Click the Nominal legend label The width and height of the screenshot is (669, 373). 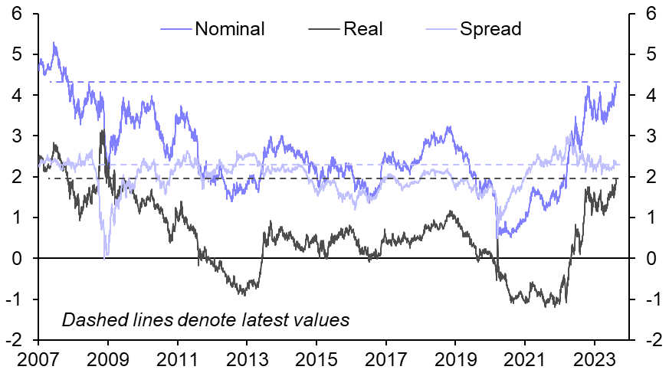[230, 30]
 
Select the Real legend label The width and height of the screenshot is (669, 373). [363, 30]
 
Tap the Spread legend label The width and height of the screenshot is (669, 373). [490, 30]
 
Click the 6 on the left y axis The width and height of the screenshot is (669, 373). [16, 14]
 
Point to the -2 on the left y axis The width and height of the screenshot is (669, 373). [13, 340]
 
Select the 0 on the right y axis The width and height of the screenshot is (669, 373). [651, 259]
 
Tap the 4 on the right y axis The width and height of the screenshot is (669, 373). [651, 96]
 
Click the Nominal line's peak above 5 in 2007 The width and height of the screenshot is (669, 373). [54, 43]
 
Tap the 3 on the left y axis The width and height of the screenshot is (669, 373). [16, 136]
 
